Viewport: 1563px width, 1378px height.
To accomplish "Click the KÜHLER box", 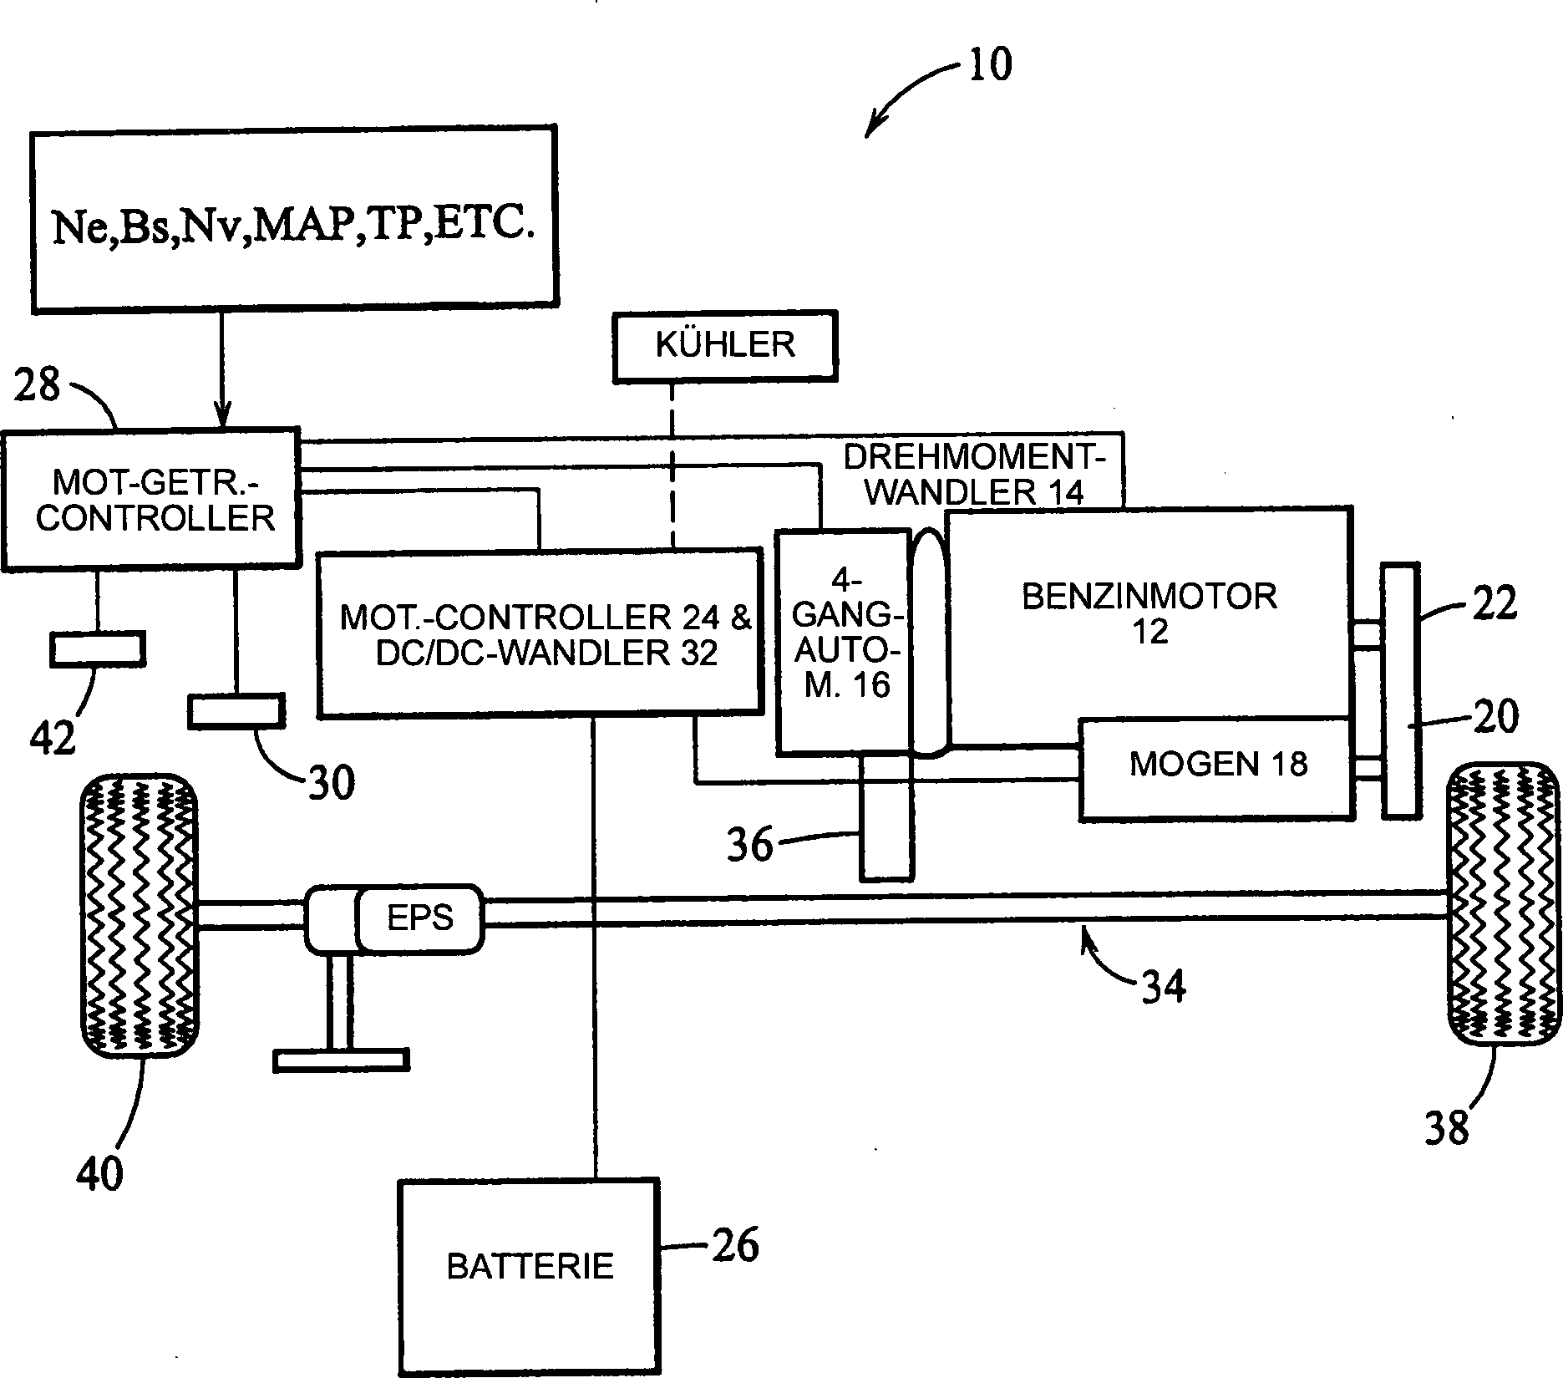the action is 724,347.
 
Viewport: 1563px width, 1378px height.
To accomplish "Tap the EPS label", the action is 420,918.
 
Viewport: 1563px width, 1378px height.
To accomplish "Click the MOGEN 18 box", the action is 1216,769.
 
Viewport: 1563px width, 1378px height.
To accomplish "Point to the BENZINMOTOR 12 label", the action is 1149,613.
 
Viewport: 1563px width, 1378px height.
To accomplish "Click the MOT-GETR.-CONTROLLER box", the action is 150,500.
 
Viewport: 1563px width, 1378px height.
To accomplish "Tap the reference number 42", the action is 54,738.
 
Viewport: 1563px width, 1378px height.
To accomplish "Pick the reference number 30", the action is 332,782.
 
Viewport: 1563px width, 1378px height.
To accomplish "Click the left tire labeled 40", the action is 138,916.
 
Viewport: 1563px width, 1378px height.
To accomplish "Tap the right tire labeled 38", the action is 1503,905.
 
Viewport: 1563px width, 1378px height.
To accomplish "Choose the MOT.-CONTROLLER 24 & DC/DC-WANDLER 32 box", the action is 540,633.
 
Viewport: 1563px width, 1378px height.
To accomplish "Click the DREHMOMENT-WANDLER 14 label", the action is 974,474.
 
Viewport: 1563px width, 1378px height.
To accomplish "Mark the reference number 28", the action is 38,385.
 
